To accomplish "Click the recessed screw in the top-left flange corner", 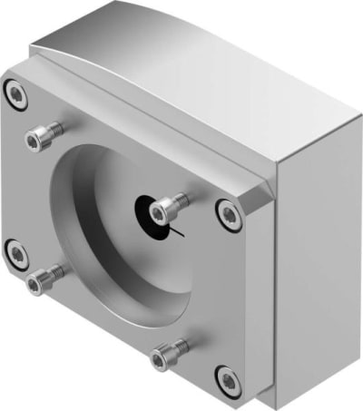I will click(14, 91).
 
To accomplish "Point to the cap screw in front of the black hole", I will click(161, 210).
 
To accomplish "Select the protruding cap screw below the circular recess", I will click(163, 357).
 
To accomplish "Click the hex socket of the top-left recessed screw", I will click(14, 91).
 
